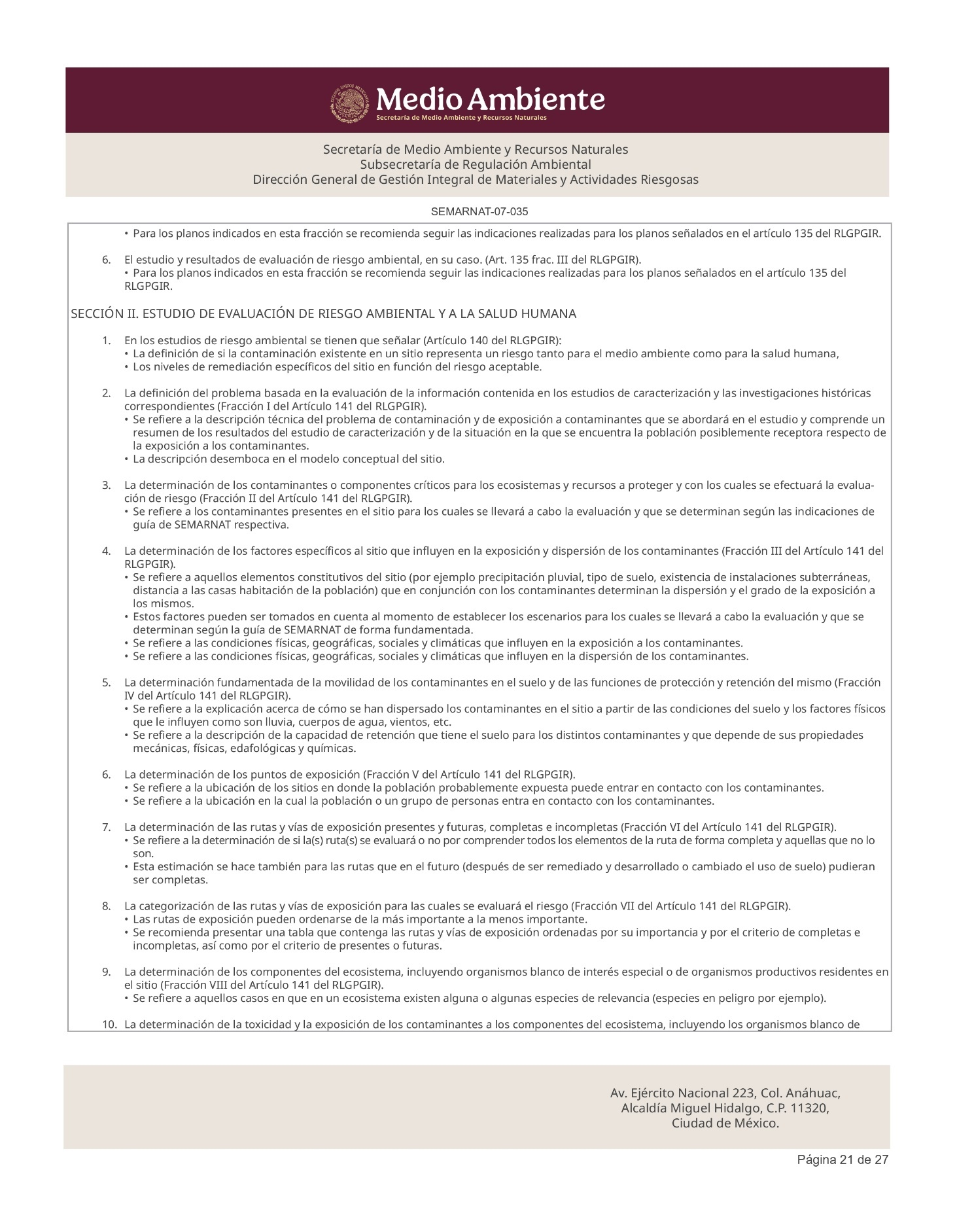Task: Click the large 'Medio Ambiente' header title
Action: click(491, 99)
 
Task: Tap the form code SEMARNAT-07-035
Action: click(479, 212)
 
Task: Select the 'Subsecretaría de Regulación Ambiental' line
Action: click(476, 164)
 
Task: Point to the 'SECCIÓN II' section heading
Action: click(323, 314)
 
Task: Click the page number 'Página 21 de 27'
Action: click(843, 1159)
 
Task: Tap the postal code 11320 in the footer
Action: click(810, 1108)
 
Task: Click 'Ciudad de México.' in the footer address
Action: click(725, 1124)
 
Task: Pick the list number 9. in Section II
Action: click(106, 972)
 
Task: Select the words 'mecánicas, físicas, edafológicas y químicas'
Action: click(245, 749)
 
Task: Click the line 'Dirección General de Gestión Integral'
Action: click(476, 179)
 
